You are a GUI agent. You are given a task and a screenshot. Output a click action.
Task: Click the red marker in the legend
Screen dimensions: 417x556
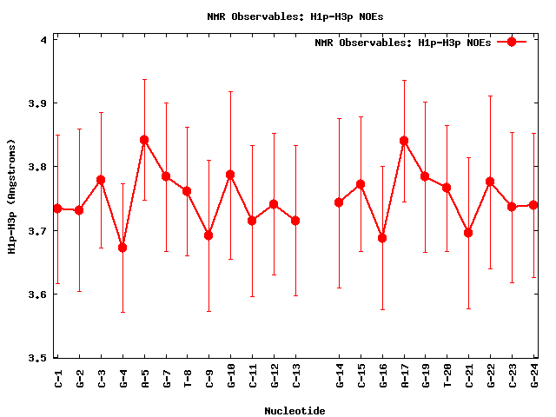point(512,42)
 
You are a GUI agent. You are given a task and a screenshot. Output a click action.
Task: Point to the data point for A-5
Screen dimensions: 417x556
point(144,140)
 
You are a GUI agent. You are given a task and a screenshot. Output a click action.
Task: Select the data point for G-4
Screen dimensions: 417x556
point(122,248)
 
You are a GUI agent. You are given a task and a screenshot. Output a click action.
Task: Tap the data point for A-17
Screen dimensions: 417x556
point(404,141)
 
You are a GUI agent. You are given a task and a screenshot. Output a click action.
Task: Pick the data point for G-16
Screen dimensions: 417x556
point(382,238)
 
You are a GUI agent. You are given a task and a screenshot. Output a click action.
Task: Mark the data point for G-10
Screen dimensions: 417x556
point(230,175)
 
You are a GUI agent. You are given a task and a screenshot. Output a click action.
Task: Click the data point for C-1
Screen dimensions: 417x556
point(57,208)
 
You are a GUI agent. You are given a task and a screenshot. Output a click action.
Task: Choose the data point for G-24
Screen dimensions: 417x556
point(533,205)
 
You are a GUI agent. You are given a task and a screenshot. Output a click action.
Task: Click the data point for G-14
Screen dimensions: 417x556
point(339,202)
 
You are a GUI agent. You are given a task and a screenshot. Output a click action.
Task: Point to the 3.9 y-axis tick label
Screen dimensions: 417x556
point(38,103)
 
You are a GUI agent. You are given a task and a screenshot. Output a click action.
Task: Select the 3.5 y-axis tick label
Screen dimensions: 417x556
point(38,357)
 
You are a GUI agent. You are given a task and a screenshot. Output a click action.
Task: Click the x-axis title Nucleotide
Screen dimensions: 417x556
point(295,410)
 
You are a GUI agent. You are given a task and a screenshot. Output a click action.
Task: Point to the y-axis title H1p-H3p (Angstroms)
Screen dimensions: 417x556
point(12,196)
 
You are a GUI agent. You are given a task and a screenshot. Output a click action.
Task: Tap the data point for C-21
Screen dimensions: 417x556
point(469,233)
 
